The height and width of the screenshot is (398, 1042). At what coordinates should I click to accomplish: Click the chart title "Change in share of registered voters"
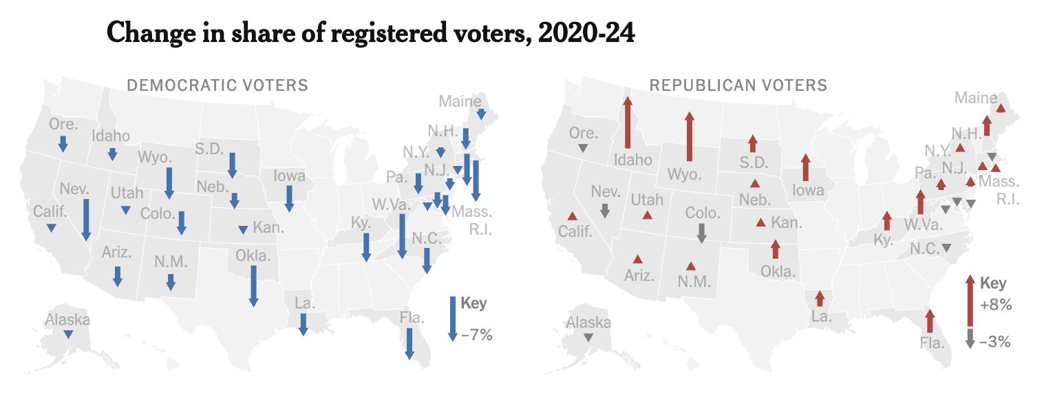click(x=370, y=33)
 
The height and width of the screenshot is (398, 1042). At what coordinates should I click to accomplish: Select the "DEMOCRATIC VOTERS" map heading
click(x=217, y=85)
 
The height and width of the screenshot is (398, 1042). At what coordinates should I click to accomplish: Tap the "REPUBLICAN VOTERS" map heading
click(x=738, y=85)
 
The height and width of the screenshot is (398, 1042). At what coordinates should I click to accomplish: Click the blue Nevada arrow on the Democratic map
click(x=86, y=220)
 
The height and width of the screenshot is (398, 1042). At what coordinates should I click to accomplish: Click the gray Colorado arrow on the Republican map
click(x=701, y=233)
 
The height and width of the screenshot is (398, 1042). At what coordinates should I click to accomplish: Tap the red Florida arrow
click(x=930, y=322)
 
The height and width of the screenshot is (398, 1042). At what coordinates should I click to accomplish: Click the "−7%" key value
click(x=476, y=336)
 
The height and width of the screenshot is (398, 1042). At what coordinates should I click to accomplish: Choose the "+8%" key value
click(x=995, y=306)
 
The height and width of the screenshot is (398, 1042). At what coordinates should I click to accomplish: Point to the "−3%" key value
click(x=995, y=341)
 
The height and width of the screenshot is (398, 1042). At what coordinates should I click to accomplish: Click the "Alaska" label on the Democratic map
click(x=67, y=320)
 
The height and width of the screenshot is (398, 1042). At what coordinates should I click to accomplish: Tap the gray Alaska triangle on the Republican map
click(x=588, y=337)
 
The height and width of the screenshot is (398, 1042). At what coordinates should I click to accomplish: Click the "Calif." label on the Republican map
click(x=575, y=231)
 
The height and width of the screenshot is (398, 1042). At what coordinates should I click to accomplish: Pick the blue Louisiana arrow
click(x=303, y=324)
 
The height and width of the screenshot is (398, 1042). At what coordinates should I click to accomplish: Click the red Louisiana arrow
click(x=819, y=298)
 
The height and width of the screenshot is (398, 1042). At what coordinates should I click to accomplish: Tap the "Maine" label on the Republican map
click(x=976, y=98)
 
